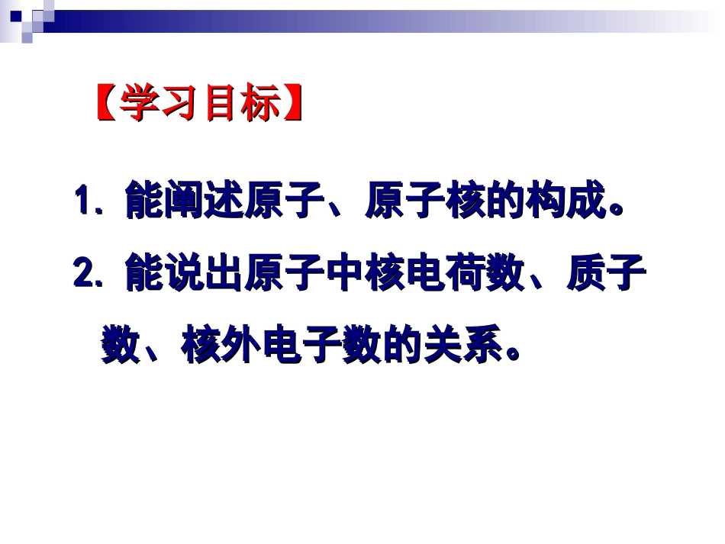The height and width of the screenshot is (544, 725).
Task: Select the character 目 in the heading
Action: pyautogui.click(x=222, y=104)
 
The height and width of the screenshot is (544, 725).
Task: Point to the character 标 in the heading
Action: pyautogui.click(x=263, y=104)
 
